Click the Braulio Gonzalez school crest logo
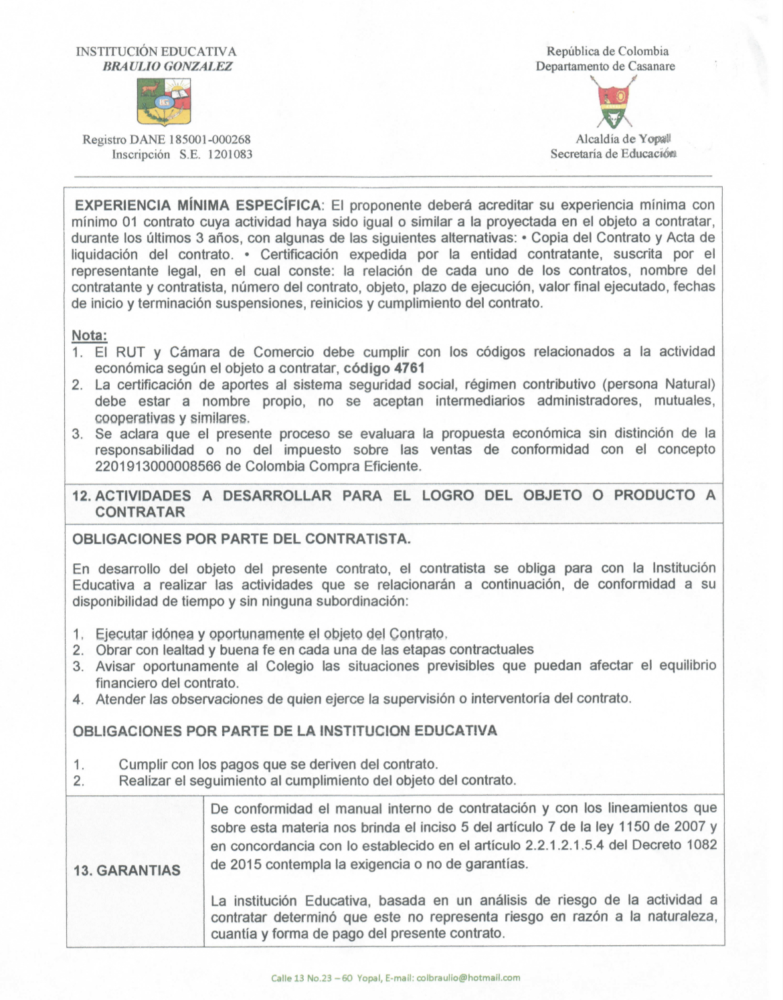pyautogui.click(x=164, y=102)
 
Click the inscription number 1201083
pyautogui.click(x=227, y=155)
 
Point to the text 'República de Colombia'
pyautogui.click(x=607, y=51)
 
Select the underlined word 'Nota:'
pyautogui.click(x=89, y=335)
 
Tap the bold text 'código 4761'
pyautogui.click(x=384, y=368)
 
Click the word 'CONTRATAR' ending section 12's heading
pyautogui.click(x=140, y=512)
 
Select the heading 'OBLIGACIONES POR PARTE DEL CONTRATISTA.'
pyautogui.click(x=241, y=539)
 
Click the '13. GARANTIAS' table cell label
pyautogui.click(x=127, y=870)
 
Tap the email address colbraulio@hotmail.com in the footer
pyautogui.click(x=468, y=977)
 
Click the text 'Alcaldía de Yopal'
pyautogui.click(x=623, y=139)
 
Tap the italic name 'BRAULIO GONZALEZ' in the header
pyautogui.click(x=167, y=66)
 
